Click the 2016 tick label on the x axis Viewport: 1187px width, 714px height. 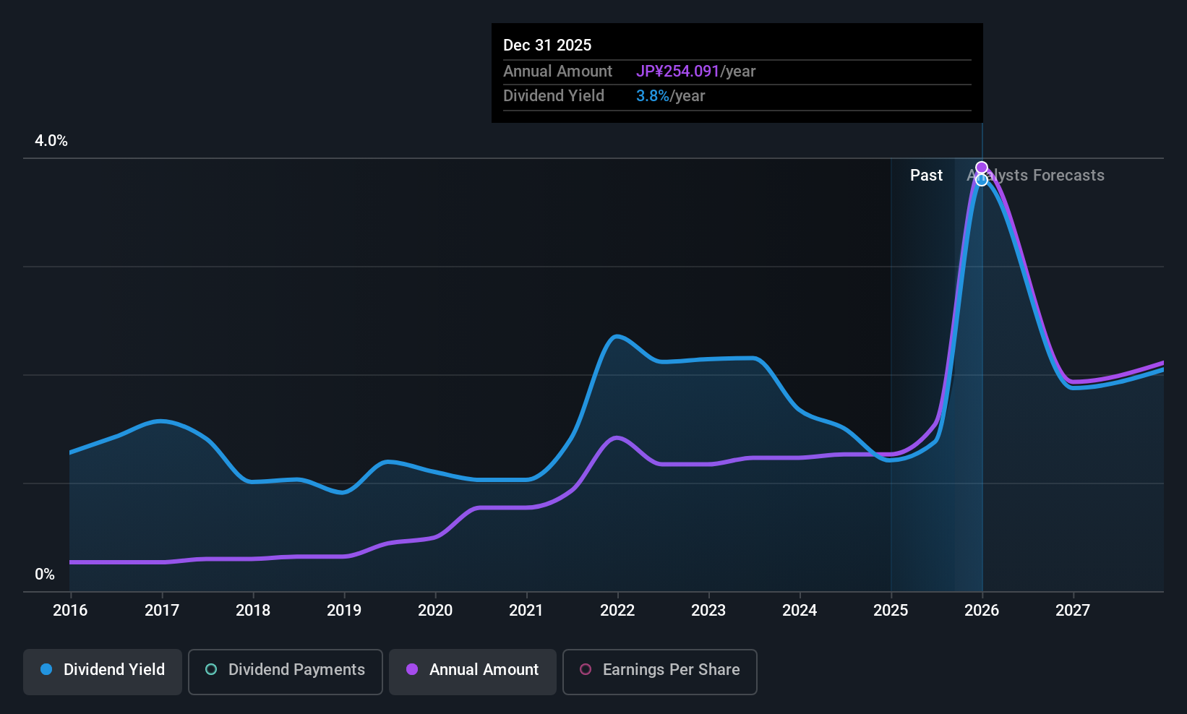pyautogui.click(x=70, y=610)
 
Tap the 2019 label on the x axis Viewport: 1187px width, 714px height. pyautogui.click(x=344, y=610)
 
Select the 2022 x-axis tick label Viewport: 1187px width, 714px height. pyautogui.click(x=617, y=610)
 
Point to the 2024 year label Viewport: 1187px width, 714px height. pyautogui.click(x=800, y=610)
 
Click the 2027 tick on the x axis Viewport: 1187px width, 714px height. pyautogui.click(x=1073, y=610)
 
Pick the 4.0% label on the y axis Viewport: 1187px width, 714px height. pyautogui.click(x=51, y=141)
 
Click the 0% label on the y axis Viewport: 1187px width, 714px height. pyautogui.click(x=45, y=574)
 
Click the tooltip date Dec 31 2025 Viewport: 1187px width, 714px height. pyautogui.click(x=547, y=45)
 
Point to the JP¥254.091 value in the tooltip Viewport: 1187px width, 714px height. pyautogui.click(x=677, y=71)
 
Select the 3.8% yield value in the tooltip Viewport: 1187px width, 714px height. pyautogui.click(x=652, y=95)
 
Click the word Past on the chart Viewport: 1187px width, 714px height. pyautogui.click(x=926, y=175)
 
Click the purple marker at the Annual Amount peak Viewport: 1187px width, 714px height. pyautogui.click(x=982, y=168)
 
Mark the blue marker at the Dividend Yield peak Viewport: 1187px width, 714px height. pyautogui.click(x=982, y=180)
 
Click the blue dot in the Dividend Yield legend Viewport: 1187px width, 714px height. pyautogui.click(x=46, y=669)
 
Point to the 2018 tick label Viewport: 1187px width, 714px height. pyautogui.click(x=253, y=610)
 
